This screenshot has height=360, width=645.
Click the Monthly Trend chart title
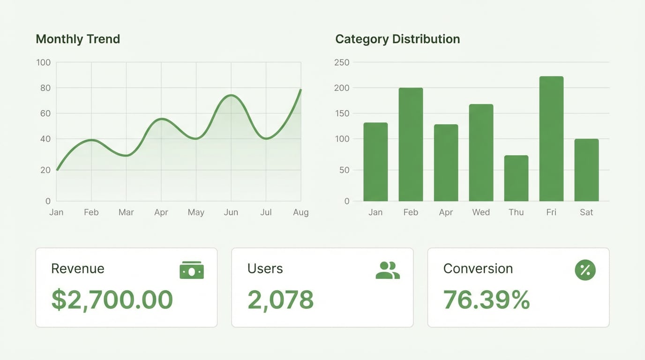pos(78,39)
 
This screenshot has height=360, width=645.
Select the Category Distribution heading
pos(397,39)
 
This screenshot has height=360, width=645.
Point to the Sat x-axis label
pos(586,212)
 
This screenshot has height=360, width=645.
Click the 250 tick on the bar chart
pos(342,62)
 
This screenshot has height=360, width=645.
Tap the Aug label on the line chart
pos(300,212)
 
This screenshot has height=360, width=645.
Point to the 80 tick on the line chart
pos(45,88)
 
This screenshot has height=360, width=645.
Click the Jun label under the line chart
pos(231,212)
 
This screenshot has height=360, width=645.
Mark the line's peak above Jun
pos(231,95)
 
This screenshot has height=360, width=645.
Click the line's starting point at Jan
pos(57,170)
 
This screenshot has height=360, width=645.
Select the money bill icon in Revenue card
pos(192,270)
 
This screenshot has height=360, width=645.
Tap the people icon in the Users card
pos(388,270)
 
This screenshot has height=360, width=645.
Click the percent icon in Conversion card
pos(585,270)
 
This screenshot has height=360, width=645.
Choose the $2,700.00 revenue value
pos(112,300)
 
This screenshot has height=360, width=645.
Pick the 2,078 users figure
pos(280,300)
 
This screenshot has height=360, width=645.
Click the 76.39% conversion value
pos(486,300)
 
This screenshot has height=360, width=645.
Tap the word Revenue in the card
pos(78,269)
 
